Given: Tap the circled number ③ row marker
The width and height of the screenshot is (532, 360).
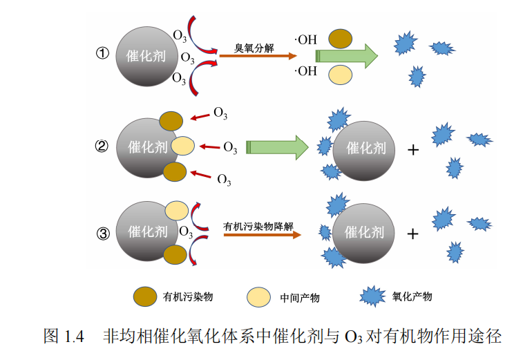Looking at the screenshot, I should (x=103, y=233).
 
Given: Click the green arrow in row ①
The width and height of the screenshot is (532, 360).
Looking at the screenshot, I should (x=346, y=55).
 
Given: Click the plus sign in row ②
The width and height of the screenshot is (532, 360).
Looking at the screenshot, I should (x=413, y=149).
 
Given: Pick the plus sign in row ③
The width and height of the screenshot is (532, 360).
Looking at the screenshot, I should (x=413, y=234).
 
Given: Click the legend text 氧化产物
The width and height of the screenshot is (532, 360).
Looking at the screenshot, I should (x=412, y=296).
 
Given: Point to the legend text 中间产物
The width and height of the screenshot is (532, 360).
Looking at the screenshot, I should (x=300, y=298).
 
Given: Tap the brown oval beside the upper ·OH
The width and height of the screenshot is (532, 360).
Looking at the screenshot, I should (x=339, y=39).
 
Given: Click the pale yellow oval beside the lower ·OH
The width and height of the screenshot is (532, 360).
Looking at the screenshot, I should (x=339, y=74).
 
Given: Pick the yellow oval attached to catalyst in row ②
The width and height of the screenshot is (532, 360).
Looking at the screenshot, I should (x=183, y=146).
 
